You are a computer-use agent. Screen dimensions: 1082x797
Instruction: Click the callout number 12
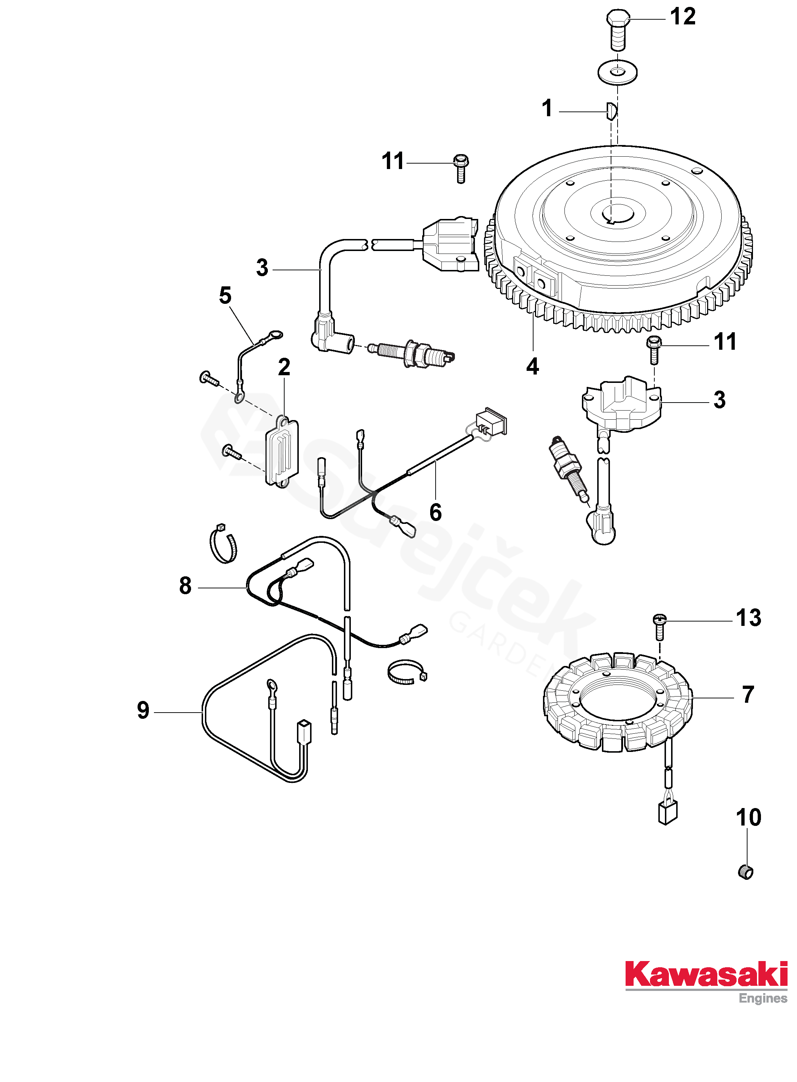pos(683,17)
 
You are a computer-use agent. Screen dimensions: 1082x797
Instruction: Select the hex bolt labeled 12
pos(618,29)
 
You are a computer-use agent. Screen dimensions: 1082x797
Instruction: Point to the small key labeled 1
pos(611,111)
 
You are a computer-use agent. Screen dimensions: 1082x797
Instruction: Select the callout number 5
pos(225,295)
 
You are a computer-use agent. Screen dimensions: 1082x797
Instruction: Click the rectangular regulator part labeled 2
pos(283,451)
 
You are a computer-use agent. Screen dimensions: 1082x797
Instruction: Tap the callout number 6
pos(435,512)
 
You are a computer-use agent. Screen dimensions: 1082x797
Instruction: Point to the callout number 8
pos(185,586)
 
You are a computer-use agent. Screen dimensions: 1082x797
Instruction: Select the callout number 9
pos(143,710)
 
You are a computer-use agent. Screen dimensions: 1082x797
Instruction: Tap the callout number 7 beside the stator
pos(748,695)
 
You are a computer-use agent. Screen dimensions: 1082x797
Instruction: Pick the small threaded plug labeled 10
pos(745,872)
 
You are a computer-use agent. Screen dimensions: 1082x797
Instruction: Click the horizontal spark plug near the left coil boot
pos(412,353)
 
